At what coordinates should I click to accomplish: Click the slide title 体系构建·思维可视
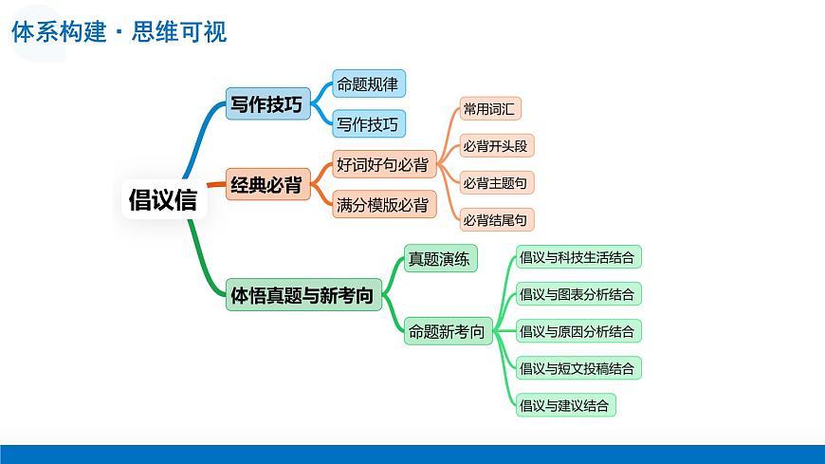pos(119,32)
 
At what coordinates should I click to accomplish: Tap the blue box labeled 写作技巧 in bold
pos(268,104)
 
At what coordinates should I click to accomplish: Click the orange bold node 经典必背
pos(268,185)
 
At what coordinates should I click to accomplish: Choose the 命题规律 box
pos(368,84)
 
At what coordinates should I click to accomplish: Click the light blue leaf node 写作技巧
pos(368,123)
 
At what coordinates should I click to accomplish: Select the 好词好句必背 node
pos(383,165)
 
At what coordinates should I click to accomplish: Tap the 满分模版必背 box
pos(383,205)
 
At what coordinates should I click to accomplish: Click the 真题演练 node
pos(439,258)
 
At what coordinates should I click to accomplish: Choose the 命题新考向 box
pos(448,332)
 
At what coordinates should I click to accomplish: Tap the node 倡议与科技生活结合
pos(577,256)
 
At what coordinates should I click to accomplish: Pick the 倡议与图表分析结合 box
pos(577,293)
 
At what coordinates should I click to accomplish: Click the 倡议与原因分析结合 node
pos(577,331)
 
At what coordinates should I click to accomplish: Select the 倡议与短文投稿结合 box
pos(577,368)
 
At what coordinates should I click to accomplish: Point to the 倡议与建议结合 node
pos(565,405)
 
